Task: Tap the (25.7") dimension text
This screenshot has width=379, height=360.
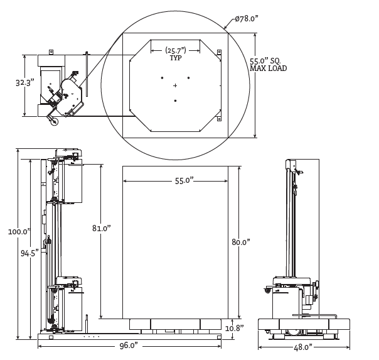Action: click(176, 50)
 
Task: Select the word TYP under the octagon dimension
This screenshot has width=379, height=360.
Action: click(176, 58)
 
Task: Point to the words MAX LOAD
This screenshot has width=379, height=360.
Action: click(268, 68)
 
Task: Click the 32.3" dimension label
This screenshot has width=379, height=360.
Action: click(24, 82)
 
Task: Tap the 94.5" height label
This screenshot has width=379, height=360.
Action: click(29, 253)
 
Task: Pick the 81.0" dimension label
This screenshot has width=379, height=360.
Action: click(101, 229)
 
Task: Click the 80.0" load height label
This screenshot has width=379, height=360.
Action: click(240, 242)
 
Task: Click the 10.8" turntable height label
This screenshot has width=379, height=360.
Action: click(234, 328)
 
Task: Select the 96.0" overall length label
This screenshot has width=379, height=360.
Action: click(128, 346)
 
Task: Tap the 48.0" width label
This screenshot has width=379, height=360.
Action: click(303, 347)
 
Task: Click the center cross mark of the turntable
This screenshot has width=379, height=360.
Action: click(175, 85)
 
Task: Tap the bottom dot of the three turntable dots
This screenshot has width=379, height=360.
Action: click(175, 101)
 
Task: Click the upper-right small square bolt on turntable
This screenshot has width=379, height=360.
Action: click(219, 52)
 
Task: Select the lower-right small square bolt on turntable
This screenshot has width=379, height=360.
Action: click(219, 118)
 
